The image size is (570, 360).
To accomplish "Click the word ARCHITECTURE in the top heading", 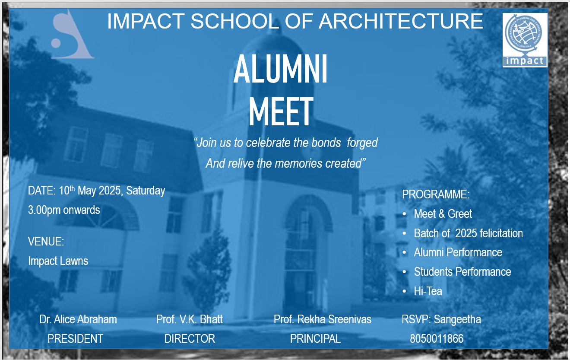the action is [x=401, y=21].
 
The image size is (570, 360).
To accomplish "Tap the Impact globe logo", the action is [x=525, y=40].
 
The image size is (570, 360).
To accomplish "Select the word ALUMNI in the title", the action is [x=280, y=69].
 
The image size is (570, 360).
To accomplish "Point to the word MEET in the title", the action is [x=281, y=111].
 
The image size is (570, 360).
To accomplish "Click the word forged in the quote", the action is [x=362, y=143].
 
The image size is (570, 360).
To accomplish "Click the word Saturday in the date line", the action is [x=146, y=191].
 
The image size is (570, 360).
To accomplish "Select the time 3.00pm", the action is [x=44, y=210].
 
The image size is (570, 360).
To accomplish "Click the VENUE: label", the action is [x=46, y=241].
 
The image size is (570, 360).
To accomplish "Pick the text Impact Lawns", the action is [x=58, y=261].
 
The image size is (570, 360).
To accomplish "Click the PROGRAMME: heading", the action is [x=436, y=194].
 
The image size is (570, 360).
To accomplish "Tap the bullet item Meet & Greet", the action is [x=443, y=214].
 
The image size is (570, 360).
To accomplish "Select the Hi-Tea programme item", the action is [x=428, y=291].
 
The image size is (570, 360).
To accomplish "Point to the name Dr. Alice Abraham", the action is [x=78, y=319].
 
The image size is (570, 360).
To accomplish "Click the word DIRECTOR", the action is [x=190, y=339].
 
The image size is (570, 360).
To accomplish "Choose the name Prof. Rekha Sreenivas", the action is [x=323, y=319].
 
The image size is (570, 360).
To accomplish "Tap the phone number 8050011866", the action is [x=437, y=339].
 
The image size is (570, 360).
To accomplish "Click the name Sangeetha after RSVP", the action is [x=457, y=320].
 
